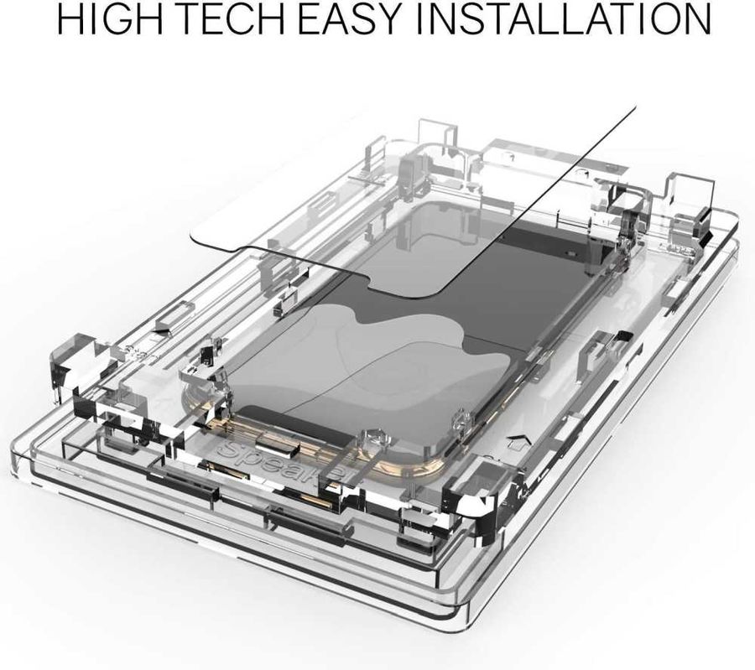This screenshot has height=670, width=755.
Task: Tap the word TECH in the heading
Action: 236,19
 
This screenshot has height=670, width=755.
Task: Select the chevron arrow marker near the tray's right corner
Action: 516,439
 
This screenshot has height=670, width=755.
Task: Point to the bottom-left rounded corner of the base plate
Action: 20,457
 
